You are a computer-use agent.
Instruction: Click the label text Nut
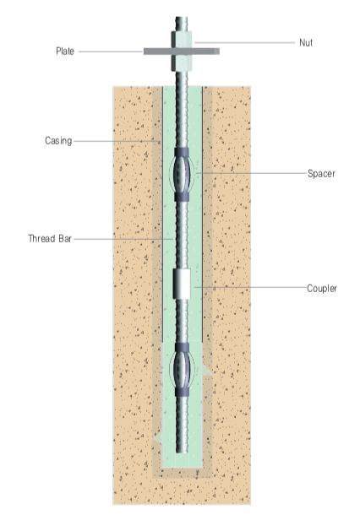[x=306, y=43]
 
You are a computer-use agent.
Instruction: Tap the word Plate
[x=65, y=51]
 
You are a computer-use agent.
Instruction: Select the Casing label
[x=58, y=141]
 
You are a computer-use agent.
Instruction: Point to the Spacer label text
[x=321, y=173]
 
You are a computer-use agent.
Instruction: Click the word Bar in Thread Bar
[x=65, y=238]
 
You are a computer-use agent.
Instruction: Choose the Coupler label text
[x=322, y=289]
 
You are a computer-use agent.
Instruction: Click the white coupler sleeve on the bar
[x=182, y=285]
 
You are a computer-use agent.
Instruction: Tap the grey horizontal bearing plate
[x=182, y=51]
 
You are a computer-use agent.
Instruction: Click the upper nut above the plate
[x=181, y=40]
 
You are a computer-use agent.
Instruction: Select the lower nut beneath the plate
[x=181, y=62]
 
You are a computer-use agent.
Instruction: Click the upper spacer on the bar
[x=182, y=175]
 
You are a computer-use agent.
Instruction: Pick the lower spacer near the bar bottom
[x=182, y=370]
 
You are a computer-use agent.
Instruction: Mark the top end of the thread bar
[x=182, y=17]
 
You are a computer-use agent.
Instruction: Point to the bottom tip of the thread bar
[x=182, y=452]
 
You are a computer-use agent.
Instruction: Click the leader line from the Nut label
[x=244, y=43]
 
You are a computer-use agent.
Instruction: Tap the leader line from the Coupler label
[x=250, y=287]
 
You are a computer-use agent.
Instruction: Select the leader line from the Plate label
[x=111, y=51]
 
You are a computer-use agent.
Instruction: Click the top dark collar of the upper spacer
[x=182, y=153]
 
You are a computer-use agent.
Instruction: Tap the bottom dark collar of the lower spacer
[x=182, y=392]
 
